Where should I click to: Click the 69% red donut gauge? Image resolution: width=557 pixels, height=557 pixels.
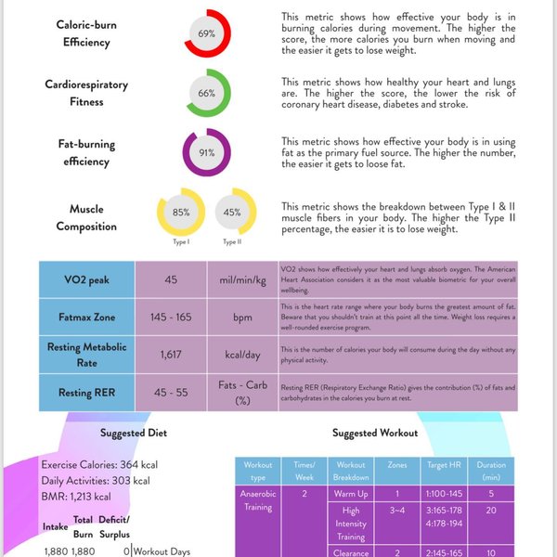pos(206,33)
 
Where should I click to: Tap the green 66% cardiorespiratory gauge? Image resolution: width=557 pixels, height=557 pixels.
pos(206,93)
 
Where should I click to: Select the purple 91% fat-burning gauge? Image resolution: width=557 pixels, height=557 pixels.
pos(206,152)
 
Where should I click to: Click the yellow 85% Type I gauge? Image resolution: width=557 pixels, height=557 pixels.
pos(181,213)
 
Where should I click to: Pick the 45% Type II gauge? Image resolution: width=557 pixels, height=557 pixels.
pos(233,213)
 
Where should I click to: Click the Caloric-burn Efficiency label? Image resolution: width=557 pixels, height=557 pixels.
pos(86,33)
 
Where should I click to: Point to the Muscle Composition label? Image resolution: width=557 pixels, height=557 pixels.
pos(86,218)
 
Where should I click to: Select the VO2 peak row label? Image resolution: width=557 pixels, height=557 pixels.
pos(86,279)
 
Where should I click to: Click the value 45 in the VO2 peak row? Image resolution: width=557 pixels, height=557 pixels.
pos(171,279)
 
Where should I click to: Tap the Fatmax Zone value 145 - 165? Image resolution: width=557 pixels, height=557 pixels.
pos(171,317)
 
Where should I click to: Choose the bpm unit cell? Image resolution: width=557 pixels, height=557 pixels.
pos(242,317)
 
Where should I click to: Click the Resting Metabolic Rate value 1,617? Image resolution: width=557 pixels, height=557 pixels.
pos(171,355)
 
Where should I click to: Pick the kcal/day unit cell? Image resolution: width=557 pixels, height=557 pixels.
pos(242,355)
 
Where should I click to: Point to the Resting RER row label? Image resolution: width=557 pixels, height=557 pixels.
pos(86,393)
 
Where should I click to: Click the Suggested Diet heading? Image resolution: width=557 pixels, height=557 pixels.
pos(133,433)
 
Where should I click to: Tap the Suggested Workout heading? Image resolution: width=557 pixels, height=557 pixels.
pos(374,433)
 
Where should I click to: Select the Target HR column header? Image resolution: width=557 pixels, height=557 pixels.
pos(440,470)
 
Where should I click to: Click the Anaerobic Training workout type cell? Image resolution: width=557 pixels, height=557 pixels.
pos(257,500)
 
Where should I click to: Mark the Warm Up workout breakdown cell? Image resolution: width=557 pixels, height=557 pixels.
pos(351,495)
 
